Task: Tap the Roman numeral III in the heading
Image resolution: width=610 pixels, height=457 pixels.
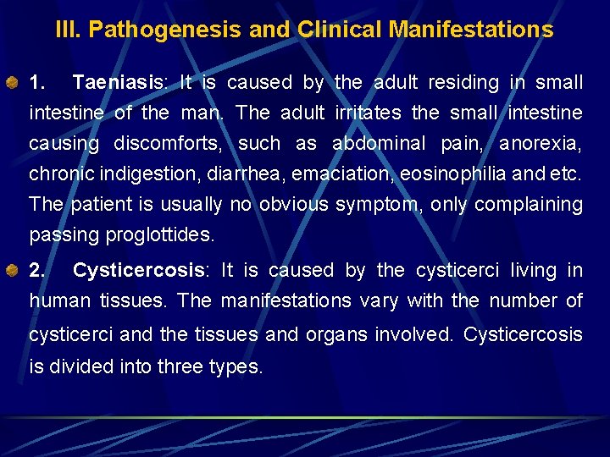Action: (69, 30)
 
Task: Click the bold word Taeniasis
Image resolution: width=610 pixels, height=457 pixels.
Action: (118, 83)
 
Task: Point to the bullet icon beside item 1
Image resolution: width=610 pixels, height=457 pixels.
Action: (14, 83)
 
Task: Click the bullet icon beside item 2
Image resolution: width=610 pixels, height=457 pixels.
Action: (14, 271)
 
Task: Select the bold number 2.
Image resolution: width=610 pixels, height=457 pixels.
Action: (36, 271)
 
